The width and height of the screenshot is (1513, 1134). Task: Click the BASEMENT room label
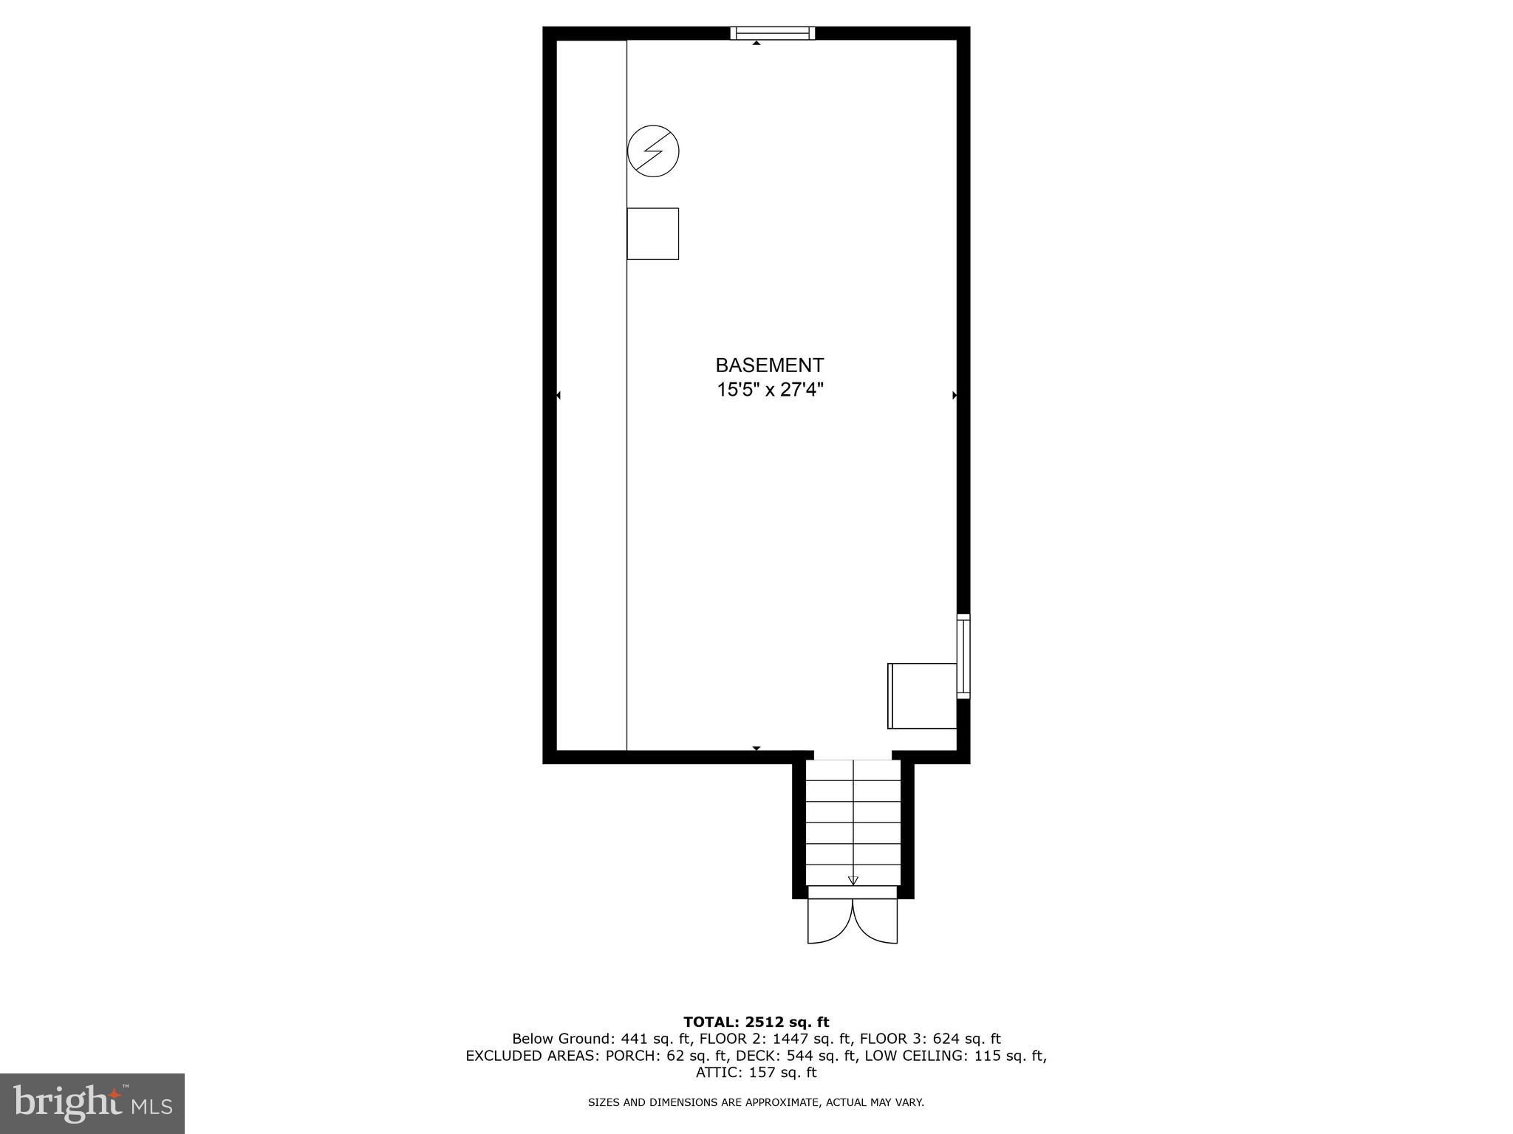pos(769,365)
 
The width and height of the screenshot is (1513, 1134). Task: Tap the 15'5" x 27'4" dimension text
pos(769,390)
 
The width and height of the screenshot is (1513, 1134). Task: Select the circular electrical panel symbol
pos(653,151)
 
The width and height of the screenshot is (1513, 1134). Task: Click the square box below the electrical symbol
pos(652,233)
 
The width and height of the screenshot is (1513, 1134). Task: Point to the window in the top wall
pos(772,32)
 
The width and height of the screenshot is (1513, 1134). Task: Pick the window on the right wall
pos(963,656)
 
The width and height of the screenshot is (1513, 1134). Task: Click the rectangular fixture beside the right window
pos(922,695)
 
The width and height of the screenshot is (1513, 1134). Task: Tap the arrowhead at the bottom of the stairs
pos(853,880)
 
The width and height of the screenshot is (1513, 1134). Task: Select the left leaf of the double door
pos(830,921)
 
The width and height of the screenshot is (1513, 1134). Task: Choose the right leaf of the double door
pos(876,921)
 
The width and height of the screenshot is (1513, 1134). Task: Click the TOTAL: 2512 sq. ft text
pos(756,1023)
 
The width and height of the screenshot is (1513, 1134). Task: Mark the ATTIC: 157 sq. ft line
pos(756,1073)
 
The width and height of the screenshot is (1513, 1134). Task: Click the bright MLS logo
pos(92,1104)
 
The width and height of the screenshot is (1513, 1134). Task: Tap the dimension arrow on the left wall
pos(559,396)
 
